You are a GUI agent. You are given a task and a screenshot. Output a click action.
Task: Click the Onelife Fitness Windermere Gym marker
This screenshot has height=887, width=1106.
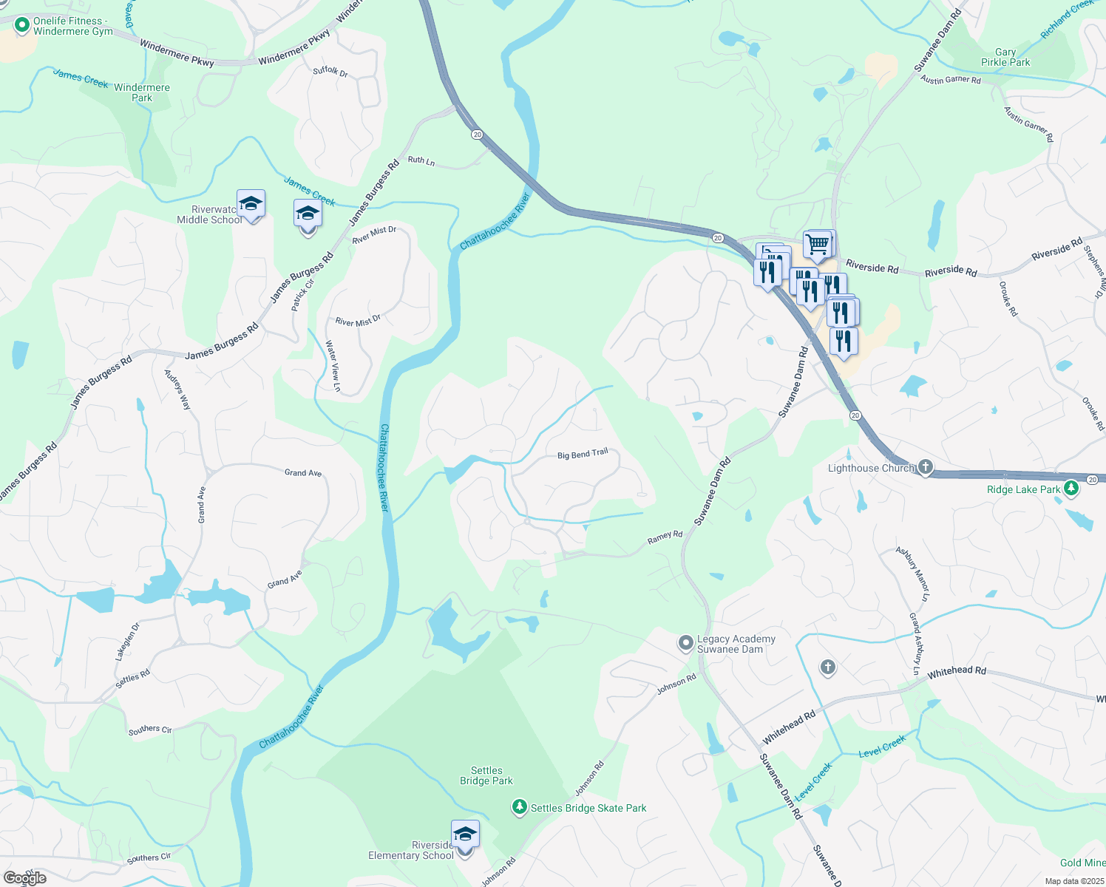tap(21, 25)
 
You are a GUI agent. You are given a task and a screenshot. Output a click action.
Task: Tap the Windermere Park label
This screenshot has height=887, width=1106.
tap(141, 92)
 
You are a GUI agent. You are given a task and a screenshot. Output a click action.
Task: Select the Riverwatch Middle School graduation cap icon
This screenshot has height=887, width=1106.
tap(251, 204)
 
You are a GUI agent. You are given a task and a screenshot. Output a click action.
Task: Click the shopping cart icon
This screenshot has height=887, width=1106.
tap(817, 244)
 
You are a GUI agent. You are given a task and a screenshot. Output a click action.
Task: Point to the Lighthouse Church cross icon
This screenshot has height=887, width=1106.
tap(925, 467)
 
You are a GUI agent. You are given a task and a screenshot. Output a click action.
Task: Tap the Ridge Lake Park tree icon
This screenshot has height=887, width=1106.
tap(1071, 489)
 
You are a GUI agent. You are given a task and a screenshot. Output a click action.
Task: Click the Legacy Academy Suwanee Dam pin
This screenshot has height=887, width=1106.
tap(686, 643)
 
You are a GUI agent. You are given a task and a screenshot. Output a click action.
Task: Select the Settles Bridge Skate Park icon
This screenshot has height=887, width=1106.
tap(520, 807)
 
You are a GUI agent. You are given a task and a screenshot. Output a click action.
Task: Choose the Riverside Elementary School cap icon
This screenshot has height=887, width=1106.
tap(465, 835)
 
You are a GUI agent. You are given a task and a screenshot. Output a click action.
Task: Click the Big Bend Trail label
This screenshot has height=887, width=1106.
tap(583, 454)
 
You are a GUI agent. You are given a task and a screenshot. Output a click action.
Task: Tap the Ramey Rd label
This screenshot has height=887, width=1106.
tap(665, 537)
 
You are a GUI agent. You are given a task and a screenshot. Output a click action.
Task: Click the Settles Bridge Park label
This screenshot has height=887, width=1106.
tap(486, 775)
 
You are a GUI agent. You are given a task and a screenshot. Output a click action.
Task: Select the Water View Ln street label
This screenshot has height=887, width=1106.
tap(333, 365)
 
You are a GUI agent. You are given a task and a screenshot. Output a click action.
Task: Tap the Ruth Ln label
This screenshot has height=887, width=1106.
tap(421, 160)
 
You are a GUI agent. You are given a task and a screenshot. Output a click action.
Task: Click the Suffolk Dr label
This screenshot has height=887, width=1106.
tap(330, 72)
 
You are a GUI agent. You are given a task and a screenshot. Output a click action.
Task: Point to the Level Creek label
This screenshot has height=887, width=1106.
tap(882, 747)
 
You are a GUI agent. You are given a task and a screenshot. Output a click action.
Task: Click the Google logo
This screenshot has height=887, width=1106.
tap(25, 877)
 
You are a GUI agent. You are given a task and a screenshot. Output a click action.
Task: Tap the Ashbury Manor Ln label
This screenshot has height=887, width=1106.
tap(913, 574)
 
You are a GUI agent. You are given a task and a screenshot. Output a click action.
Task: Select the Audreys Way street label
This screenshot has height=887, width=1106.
tap(177, 390)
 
